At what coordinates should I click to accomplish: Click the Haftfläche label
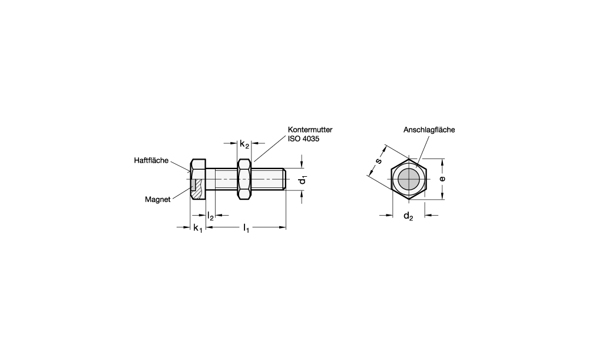coord(151,160)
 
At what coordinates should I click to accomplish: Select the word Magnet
coord(158,200)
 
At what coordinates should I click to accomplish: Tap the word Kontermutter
coord(310,130)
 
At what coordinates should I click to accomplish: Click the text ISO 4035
coord(303,138)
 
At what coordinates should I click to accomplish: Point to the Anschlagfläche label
coord(429,130)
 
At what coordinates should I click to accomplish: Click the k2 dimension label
coord(244,144)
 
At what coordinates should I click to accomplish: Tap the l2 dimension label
coord(210,216)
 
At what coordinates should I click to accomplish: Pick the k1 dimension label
coord(197,228)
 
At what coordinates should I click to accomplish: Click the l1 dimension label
coord(246,228)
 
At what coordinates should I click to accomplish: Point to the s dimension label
coord(379,161)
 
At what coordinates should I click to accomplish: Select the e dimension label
coord(442,179)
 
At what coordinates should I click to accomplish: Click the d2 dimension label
coord(408,216)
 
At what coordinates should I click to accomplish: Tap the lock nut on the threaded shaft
coord(244,179)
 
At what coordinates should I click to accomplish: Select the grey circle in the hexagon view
coord(408,179)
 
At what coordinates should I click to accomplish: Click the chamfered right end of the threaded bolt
coord(286,179)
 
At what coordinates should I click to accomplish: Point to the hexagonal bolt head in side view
coord(198,179)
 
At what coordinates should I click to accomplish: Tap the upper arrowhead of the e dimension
coord(442,162)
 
